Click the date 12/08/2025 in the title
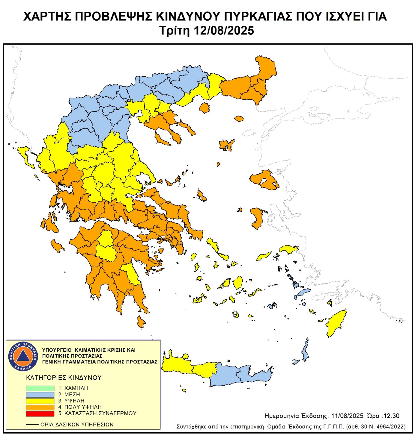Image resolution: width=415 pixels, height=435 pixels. click(x=224, y=31)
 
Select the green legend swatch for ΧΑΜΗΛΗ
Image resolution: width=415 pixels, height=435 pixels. click(x=40, y=388)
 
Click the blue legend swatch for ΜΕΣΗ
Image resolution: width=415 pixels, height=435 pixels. click(x=40, y=395)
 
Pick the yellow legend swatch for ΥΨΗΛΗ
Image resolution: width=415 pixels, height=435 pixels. click(x=40, y=401)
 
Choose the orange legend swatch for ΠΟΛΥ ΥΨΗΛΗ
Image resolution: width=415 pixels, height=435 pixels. click(x=40, y=407)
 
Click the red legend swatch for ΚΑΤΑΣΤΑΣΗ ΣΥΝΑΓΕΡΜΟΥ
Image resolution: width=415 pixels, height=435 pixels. click(x=40, y=413)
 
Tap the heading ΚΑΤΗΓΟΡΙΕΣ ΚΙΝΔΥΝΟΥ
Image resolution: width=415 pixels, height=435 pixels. click(x=64, y=378)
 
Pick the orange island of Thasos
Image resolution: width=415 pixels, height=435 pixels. click(x=204, y=108)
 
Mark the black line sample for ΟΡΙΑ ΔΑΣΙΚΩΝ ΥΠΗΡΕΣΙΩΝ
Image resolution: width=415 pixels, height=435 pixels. click(x=32, y=425)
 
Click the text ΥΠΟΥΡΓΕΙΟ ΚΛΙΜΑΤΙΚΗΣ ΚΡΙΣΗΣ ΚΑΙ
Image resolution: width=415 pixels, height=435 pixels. click(x=89, y=350)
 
